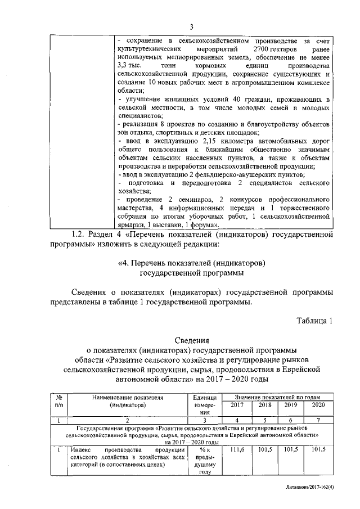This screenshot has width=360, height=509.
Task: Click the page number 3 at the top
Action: [x=191, y=28]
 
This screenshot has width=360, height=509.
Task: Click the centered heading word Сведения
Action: [x=191, y=340]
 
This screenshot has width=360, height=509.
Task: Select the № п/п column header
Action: [x=59, y=400]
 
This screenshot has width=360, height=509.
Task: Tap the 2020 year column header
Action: [x=318, y=405]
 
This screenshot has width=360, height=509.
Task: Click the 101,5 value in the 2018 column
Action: [x=264, y=449]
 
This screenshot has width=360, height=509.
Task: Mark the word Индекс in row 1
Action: [x=82, y=449]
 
